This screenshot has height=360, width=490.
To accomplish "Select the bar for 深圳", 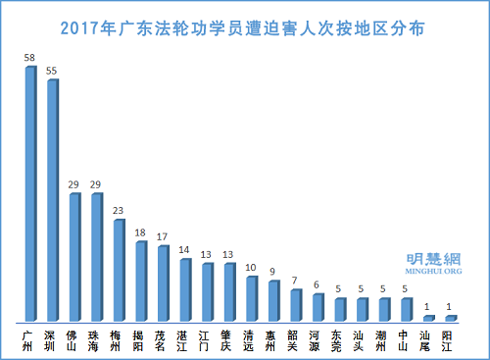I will pos(52,200).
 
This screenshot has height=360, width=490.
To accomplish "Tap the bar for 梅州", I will pos(119,271).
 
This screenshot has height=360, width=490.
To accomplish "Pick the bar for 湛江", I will pos(185,290).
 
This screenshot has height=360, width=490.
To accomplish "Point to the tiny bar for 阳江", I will pos(452,318).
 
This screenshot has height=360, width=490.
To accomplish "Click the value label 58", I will pos(30,59).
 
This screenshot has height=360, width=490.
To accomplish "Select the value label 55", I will pos(53,72).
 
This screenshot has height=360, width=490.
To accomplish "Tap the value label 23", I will pos(120,210).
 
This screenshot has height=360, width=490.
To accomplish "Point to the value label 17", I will pos(164,236).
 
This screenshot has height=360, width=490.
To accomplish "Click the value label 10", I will pos(252,267).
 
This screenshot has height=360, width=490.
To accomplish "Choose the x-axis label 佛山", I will pos(74,338).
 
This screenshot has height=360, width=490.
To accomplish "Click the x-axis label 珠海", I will pos(96,338).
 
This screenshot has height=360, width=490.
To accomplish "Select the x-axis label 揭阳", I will pos(141,338).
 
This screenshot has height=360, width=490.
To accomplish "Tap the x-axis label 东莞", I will pos(340,338).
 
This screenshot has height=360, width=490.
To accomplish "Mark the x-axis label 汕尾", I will pos(429,338).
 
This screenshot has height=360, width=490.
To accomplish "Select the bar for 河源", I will pos(318,308).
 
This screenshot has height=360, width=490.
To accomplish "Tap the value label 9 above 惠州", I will pos(273,272).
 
